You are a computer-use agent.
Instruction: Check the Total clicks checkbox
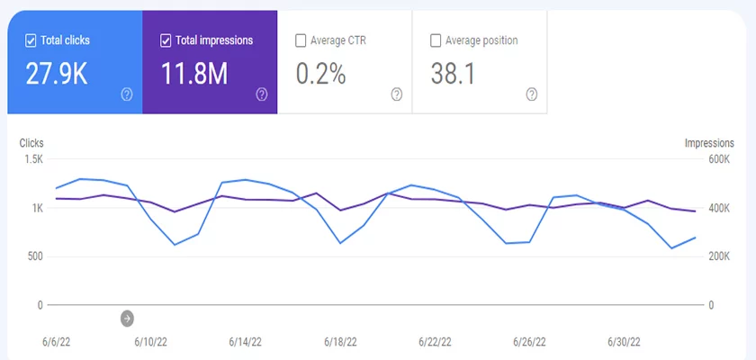coord(31,40)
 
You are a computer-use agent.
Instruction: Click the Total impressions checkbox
coord(166,40)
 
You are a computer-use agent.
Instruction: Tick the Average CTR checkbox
coord(301,40)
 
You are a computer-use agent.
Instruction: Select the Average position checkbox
coord(436,40)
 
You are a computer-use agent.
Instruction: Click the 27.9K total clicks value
coord(56,74)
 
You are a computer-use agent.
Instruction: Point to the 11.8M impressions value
coord(194,74)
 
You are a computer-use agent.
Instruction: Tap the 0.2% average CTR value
coord(320,74)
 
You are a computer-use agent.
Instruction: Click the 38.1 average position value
coord(452,74)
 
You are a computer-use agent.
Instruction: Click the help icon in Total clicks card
coord(126,94)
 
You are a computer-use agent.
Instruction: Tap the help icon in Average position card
coord(531,94)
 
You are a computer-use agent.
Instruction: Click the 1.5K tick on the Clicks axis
coord(33,159)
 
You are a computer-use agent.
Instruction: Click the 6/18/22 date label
coord(340,342)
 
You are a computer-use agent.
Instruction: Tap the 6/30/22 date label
coord(623,342)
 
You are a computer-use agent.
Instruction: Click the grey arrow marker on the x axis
coord(127,318)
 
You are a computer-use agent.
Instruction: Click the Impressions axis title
coord(709,143)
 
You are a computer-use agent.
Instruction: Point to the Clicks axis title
coord(31,143)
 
